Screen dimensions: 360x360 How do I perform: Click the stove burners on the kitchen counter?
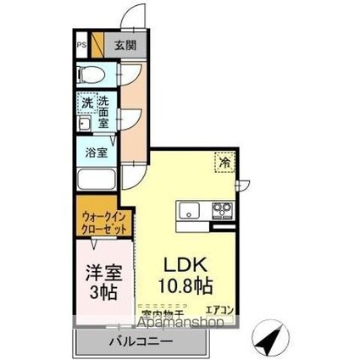click(x=222, y=211)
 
